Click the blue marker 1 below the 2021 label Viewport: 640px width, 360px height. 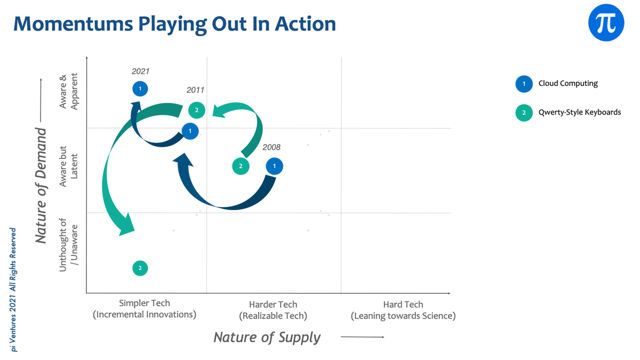tap(140, 89)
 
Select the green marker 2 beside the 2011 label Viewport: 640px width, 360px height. tap(197, 110)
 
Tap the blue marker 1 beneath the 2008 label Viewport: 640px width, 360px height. tap(274, 166)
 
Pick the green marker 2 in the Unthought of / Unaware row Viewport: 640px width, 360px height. tap(140, 268)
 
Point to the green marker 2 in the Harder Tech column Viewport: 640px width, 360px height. tap(241, 166)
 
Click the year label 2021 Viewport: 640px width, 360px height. tap(140, 71)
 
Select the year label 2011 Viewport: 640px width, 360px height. tap(195, 90)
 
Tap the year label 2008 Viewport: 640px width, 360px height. tap(271, 147)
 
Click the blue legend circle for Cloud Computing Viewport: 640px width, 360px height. tap(524, 84)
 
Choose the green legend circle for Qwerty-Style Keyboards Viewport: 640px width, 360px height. tap(524, 113)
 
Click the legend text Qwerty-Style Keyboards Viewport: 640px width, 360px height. tap(580, 113)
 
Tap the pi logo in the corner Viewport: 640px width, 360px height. tap(606, 22)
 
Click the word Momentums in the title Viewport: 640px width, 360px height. tap(74, 23)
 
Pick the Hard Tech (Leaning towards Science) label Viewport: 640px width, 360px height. tap(403, 310)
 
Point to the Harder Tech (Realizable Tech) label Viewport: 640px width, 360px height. tap(273, 310)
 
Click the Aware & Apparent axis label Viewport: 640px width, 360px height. tap(69, 91)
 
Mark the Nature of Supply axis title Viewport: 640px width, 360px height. tap(267, 337)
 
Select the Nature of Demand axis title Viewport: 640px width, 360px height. tap(41, 186)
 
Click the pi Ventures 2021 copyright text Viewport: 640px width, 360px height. tap(13, 290)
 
